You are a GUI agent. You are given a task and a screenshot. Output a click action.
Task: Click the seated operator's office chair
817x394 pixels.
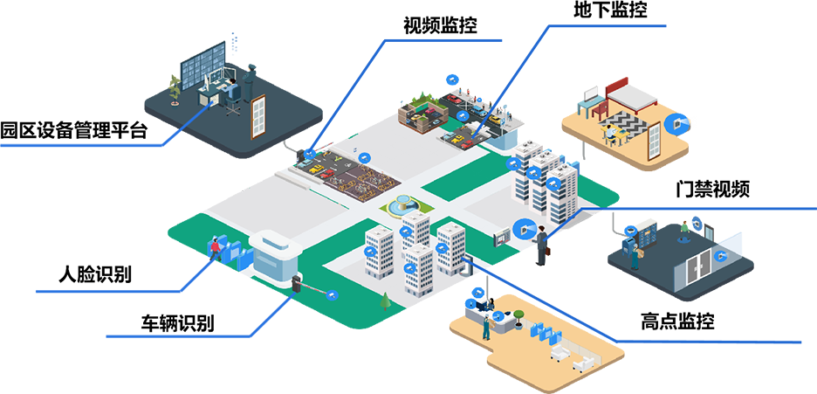tap(232, 104)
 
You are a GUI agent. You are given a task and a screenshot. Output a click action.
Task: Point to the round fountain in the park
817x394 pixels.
tap(404, 206)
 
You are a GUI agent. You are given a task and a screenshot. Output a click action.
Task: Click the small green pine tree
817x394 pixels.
tap(385, 302)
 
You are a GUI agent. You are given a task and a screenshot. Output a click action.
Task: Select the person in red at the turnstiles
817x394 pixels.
tap(212, 249)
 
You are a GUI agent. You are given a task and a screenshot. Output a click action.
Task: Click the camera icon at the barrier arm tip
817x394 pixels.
tap(332, 295)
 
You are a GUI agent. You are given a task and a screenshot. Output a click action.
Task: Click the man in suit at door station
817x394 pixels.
tap(541, 239)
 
